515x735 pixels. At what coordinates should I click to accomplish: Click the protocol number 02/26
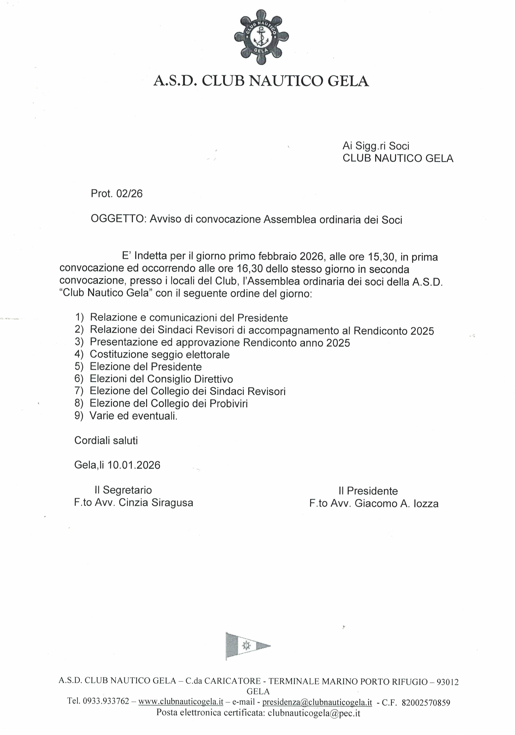pos(129,194)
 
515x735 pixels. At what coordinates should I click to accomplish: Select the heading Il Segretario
pos(123,490)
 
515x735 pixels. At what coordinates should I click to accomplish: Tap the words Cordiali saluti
pos(106,441)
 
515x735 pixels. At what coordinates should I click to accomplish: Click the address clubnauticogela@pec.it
pos(314,713)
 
